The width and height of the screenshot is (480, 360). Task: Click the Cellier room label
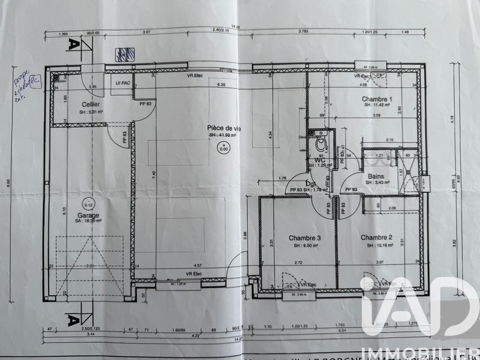pyautogui.click(x=82, y=104)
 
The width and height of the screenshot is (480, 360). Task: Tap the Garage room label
pyautogui.click(x=88, y=215)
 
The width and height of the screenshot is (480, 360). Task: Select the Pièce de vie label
pyautogui.click(x=224, y=128)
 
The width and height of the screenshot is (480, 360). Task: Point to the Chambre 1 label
pyautogui.click(x=377, y=99)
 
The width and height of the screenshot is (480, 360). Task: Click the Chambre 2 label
pyautogui.click(x=377, y=237)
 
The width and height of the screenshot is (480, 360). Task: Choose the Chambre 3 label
pyautogui.click(x=305, y=238)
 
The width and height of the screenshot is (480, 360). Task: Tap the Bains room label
pyautogui.click(x=377, y=176)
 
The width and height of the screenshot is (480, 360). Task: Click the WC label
pyautogui.click(x=320, y=160)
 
